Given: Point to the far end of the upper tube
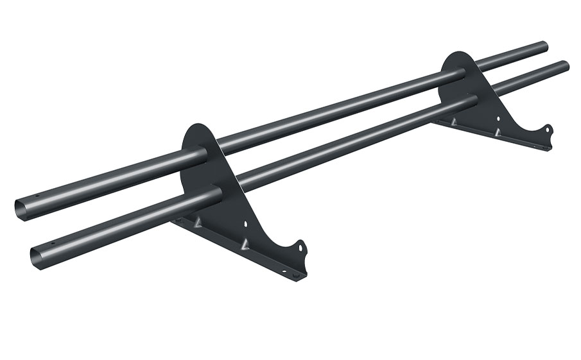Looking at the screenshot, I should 544,46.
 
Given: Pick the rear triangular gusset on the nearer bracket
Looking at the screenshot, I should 198,221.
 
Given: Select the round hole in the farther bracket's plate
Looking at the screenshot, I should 498,118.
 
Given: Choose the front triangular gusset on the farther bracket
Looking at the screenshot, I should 496,132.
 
